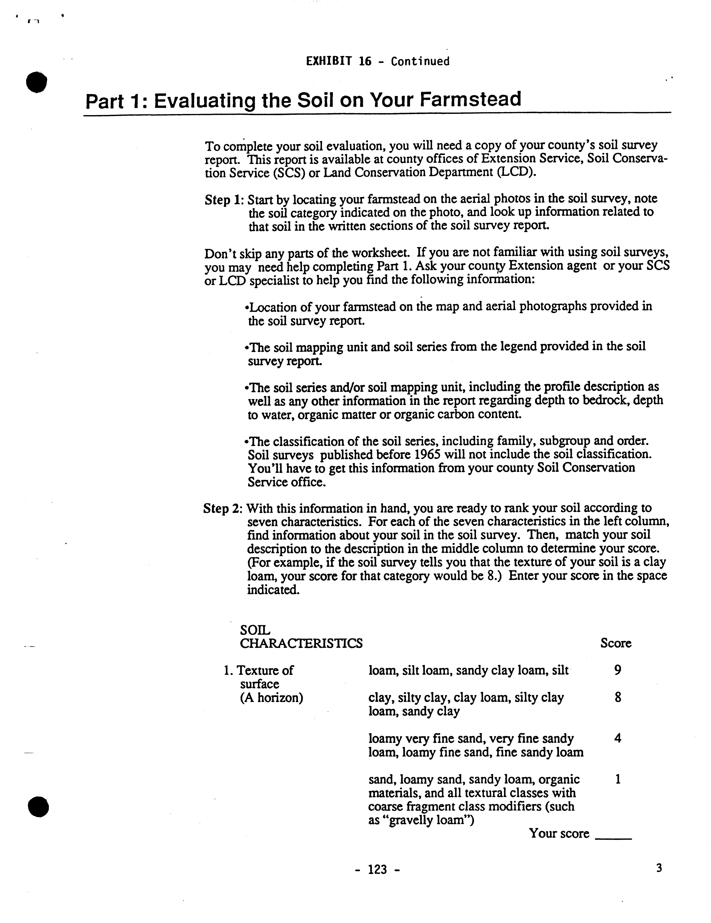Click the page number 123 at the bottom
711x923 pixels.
click(x=377, y=869)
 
